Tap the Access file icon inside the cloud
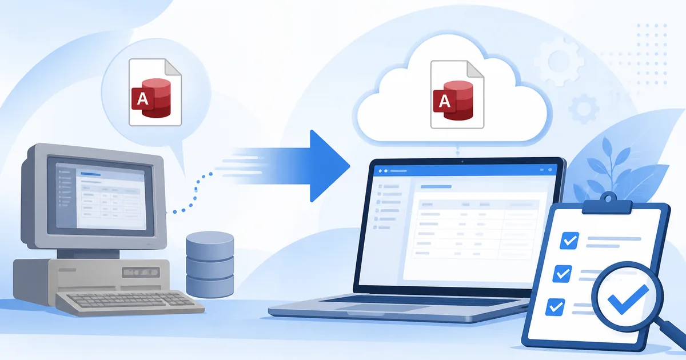(457, 94)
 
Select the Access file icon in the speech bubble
(155, 92)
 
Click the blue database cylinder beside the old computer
(210, 265)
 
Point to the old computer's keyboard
(130, 302)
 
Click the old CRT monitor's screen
(101, 196)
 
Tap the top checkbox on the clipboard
(569, 241)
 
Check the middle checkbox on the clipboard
(563, 273)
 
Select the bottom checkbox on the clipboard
(555, 307)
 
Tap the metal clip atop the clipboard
(607, 204)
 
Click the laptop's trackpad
(388, 308)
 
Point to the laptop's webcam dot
(462, 162)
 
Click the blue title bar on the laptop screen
(465, 170)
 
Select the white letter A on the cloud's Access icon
(444, 101)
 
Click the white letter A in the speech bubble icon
(142, 98)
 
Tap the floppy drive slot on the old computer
(141, 272)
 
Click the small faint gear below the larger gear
(584, 109)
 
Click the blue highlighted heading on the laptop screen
(436, 186)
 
